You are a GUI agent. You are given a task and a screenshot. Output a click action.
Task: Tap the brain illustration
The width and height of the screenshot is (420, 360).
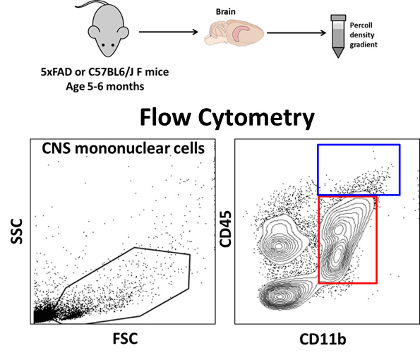point(234,33)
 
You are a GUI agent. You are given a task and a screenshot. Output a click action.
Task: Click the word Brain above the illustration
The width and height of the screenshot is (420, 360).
point(226,12)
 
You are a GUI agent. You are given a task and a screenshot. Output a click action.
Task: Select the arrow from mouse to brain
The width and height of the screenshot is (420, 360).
point(168,32)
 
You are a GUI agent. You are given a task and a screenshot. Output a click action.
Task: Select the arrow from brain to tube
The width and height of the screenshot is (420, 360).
point(296,33)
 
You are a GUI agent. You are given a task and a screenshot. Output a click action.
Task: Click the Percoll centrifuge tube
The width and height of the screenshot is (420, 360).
point(338,36)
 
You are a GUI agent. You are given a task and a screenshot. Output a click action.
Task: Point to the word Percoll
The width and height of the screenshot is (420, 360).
point(361,25)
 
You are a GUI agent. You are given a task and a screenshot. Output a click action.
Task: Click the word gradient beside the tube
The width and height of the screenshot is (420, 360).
point(364,44)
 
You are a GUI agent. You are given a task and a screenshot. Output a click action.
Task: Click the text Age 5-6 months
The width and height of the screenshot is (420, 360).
point(105,87)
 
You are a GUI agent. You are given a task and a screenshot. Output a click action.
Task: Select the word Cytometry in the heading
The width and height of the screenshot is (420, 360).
point(256,118)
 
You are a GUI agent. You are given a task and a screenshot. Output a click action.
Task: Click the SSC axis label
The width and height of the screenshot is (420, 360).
point(17,231)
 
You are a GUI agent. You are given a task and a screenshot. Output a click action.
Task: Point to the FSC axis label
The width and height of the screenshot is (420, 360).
point(125,338)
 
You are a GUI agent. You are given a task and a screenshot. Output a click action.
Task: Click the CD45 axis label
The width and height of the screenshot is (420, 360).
point(225,229)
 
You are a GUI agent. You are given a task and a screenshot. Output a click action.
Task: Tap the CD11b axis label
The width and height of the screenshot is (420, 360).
point(323,339)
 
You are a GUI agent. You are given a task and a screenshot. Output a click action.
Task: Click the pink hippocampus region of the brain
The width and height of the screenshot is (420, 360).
point(241,34)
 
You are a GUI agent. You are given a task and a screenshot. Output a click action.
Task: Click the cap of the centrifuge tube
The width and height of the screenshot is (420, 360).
point(338,18)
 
